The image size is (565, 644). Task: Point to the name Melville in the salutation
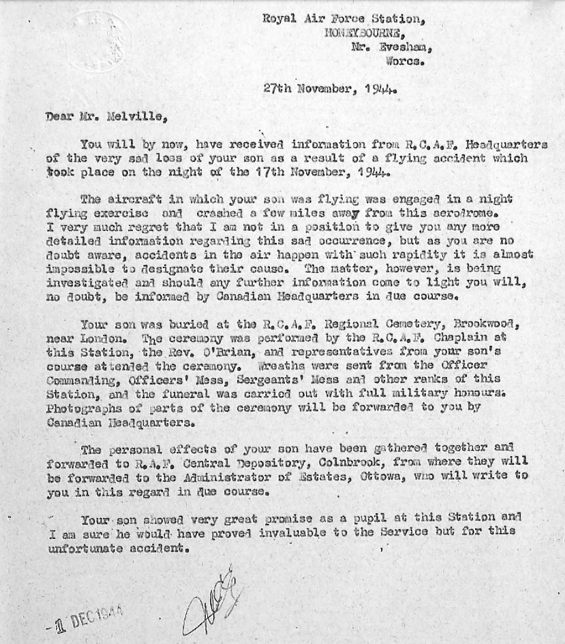click(137, 116)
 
